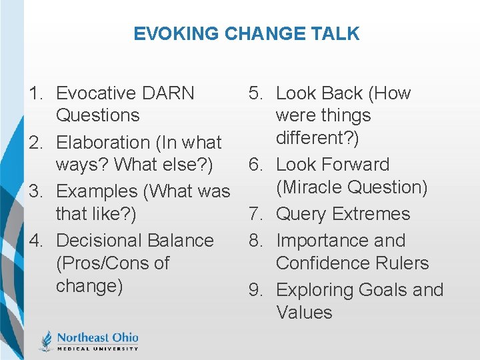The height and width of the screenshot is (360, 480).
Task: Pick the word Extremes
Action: [x=371, y=214]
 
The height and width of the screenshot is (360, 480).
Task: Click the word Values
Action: [x=304, y=313]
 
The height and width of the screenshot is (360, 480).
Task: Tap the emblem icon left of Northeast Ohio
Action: [x=46, y=340]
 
